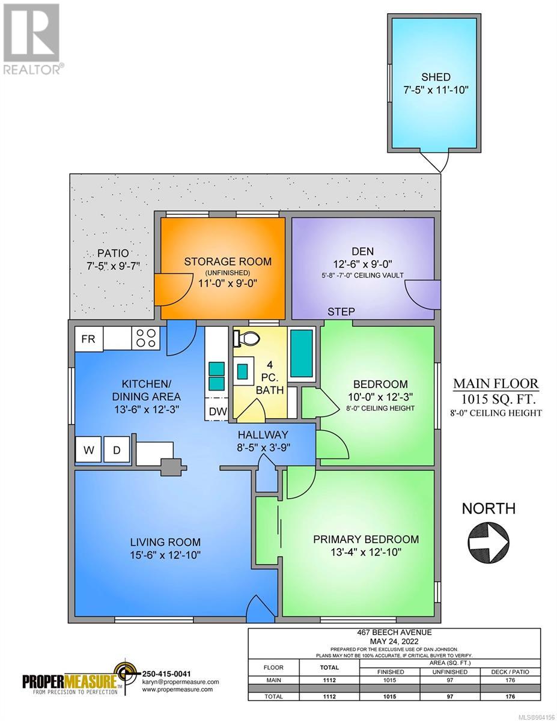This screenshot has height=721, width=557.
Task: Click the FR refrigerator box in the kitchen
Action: pyautogui.click(x=88, y=339)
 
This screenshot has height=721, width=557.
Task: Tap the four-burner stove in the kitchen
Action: pyautogui.click(x=146, y=338)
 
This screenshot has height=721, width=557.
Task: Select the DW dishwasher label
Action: pyautogui.click(x=218, y=412)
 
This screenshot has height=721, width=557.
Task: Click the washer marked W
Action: pyautogui.click(x=88, y=450)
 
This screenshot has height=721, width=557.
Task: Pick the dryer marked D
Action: pyautogui.click(x=117, y=450)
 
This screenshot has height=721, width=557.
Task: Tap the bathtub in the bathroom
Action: pyautogui.click(x=302, y=353)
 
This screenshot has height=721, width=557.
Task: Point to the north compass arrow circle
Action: pyautogui.click(x=489, y=543)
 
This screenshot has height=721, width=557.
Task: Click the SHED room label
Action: pyautogui.click(x=436, y=78)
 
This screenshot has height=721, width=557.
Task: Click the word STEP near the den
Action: pyautogui.click(x=341, y=312)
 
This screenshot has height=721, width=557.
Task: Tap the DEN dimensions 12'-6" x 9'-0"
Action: pyautogui.click(x=362, y=264)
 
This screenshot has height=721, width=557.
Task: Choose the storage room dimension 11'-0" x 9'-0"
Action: pyautogui.click(x=228, y=284)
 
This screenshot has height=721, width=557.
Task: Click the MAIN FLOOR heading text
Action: pyautogui.click(x=496, y=384)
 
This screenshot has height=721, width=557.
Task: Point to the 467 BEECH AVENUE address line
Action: pyautogui.click(x=394, y=633)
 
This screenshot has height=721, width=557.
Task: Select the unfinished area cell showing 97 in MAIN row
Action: pyautogui.click(x=450, y=680)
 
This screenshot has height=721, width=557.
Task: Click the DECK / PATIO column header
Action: pyautogui.click(x=510, y=672)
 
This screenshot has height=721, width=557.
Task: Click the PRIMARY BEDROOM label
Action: pyautogui.click(x=366, y=539)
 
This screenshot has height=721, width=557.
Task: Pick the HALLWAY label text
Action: pyautogui.click(x=263, y=434)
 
